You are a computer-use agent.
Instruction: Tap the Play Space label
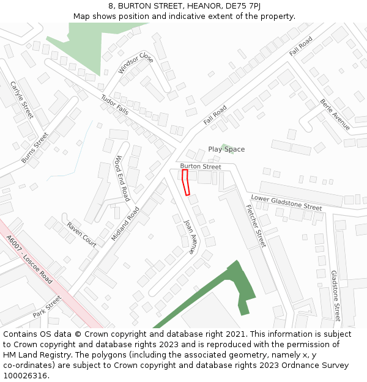226,149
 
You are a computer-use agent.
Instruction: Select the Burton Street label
201,166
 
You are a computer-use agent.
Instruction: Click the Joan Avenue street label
191,237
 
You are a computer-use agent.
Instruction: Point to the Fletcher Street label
256,225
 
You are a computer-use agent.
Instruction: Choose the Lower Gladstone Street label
286,203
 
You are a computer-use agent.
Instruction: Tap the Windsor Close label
136,63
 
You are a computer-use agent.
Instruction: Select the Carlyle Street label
22,100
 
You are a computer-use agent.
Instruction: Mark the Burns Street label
34,148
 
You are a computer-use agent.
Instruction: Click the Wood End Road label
122,178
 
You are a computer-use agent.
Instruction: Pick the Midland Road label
125,223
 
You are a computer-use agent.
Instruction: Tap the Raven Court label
82,234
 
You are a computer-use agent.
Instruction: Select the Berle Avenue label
335,114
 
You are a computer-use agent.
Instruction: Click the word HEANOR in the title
183,6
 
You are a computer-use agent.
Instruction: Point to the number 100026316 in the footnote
25,375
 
